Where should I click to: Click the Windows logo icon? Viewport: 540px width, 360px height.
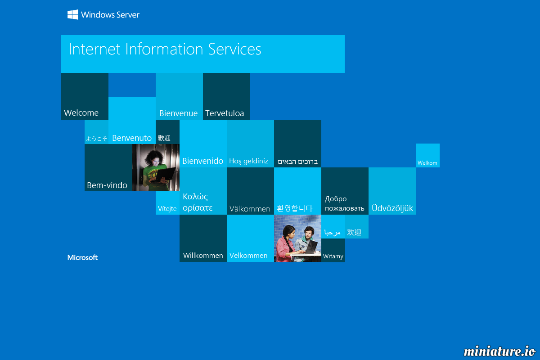[72, 14]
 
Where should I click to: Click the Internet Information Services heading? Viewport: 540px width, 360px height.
[165, 49]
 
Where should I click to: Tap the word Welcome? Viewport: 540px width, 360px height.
[81, 113]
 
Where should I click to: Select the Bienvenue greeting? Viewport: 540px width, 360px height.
[178, 113]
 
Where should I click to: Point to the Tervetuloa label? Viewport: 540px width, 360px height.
[225, 113]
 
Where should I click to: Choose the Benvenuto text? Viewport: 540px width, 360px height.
[132, 138]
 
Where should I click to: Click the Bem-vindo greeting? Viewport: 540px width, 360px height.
[107, 185]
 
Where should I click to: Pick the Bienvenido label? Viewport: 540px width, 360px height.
[203, 161]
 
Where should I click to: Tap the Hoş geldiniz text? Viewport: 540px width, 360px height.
[248, 161]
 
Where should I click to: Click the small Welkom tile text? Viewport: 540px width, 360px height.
[427, 163]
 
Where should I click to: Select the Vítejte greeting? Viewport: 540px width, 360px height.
[167, 208]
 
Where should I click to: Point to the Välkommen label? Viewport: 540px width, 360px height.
[249, 209]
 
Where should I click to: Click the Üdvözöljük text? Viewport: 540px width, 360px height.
[392, 208]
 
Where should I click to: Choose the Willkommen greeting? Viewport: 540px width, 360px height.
[203, 255]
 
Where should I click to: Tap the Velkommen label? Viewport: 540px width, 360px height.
[248, 255]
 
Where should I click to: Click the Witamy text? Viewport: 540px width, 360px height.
[333, 256]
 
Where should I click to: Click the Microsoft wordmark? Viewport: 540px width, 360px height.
[82, 257]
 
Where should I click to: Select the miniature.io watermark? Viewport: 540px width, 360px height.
[499, 351]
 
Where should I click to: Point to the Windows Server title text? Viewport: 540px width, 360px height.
[110, 15]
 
